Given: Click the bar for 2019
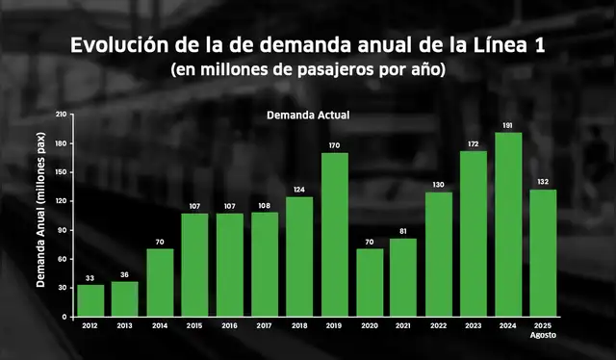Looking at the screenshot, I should coord(334,234).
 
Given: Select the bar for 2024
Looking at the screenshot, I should coord(508,223).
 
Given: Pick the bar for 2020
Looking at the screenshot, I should coord(370,282).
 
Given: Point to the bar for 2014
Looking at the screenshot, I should coord(160,282).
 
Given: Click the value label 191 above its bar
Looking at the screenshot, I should coord(508,125).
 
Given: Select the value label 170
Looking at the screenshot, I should coord(334,145).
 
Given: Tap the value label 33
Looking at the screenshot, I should coord(90,277).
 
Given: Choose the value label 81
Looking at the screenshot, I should coord(404,231).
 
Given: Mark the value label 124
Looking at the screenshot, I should coord(299,190).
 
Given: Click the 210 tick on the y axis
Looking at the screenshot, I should coord(62,115).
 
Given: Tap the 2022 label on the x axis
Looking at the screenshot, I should coord(439,327).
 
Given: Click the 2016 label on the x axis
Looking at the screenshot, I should coord(230,327).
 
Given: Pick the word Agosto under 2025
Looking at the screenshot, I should coord(543,336).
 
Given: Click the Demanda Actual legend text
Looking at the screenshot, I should coord(307,116).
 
